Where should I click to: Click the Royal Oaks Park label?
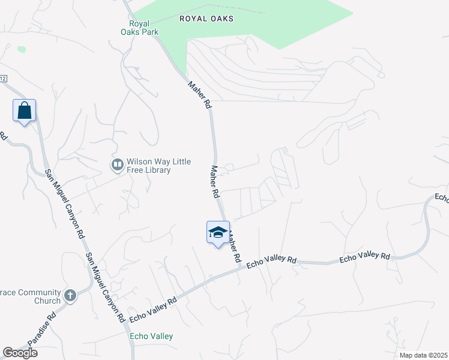pos(135,27)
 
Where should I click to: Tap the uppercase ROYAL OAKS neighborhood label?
pos(206,19)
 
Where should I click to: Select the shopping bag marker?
pos(24,111)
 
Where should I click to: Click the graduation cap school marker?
pos(218,233)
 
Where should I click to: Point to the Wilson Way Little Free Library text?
pos(148,166)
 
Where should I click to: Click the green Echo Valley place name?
pos(151,337)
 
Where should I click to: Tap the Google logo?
pos(20,353)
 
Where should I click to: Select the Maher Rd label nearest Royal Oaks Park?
pos(200,95)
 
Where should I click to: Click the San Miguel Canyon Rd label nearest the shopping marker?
pos(63,204)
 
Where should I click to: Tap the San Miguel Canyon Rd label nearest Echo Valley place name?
pos(105,286)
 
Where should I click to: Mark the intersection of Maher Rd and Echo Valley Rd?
pos(241,268)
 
